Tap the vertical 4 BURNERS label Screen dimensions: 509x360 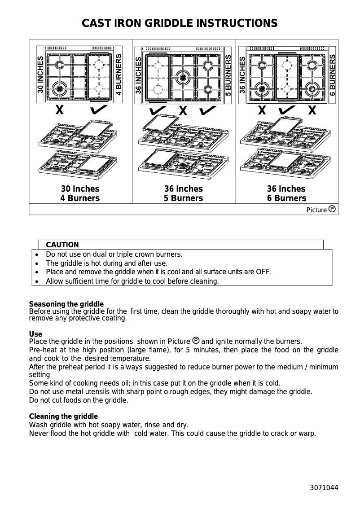coord(119,74)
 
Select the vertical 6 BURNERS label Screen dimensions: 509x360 coord(333,74)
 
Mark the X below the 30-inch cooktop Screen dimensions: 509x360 coord(59,110)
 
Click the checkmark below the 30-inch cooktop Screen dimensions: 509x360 coord(98,110)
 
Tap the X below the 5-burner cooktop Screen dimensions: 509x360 coord(183,110)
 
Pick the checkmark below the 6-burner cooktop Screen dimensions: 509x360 coord(287,110)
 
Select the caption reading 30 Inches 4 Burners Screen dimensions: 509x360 coord(80,193)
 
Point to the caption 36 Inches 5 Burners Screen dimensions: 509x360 coord(183,193)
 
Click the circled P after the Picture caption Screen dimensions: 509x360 coord(332,209)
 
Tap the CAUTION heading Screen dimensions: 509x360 coord(62,245)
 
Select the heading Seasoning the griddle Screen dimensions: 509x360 coord(66,304)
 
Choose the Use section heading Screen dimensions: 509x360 coord(35,334)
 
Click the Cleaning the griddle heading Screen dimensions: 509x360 coord(63,417)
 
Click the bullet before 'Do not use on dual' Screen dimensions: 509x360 coord(36,254)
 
